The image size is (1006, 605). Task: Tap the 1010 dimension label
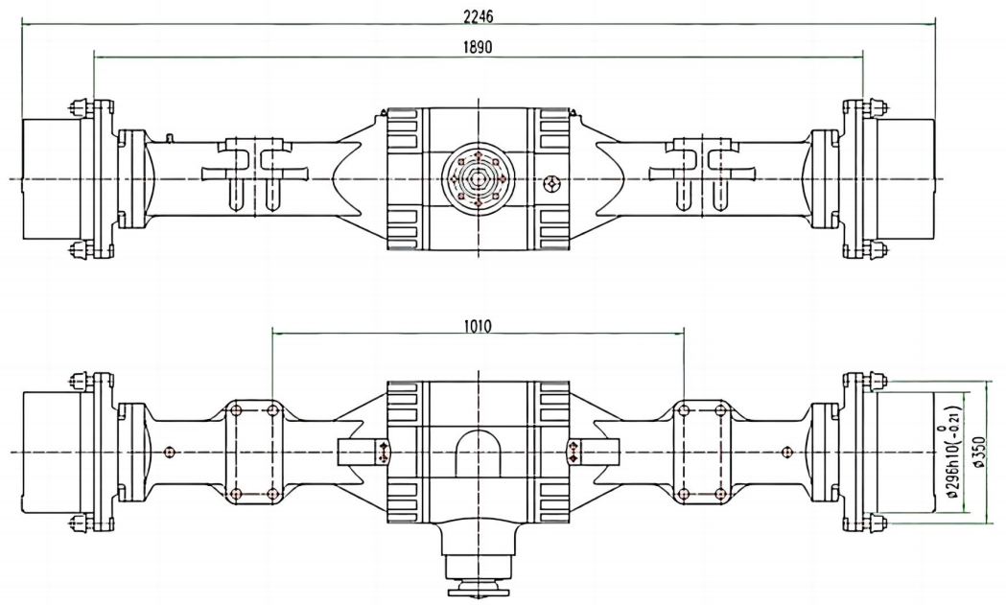[x=477, y=325]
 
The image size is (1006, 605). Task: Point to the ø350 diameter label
[x=977, y=452]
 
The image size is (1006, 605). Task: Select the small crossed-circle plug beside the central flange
[x=552, y=183]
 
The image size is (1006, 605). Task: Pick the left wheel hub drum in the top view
[x=51, y=180]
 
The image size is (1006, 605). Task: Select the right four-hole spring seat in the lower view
[x=700, y=452]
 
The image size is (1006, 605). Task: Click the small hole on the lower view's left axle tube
[x=170, y=452]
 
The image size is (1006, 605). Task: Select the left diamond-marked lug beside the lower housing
[x=384, y=452]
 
